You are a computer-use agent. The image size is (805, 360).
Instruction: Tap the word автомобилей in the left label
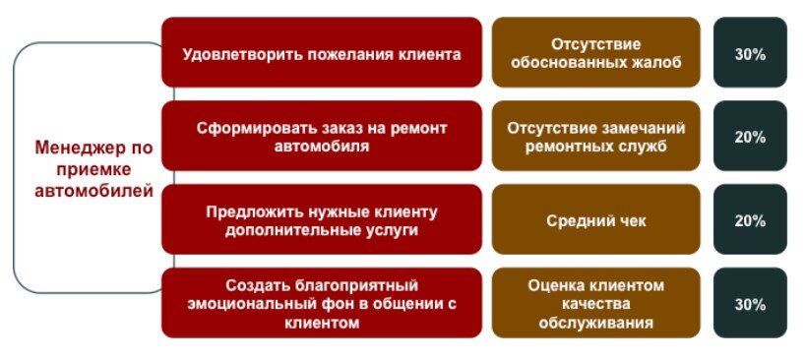[93, 191]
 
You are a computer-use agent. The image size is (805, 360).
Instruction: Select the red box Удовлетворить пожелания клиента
[321, 52]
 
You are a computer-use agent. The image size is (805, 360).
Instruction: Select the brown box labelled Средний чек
[596, 220]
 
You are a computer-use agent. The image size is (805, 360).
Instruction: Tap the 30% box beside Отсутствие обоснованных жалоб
[750, 54]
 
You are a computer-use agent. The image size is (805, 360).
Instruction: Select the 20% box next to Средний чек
[750, 220]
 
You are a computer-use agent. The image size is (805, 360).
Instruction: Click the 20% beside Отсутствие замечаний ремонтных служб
[750, 137]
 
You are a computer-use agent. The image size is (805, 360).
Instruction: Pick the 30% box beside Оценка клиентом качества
[750, 304]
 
